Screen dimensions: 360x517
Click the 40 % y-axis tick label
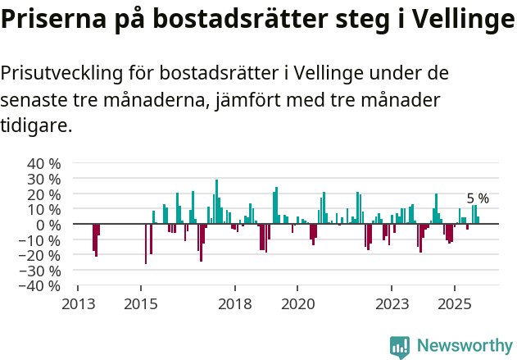point(43,163)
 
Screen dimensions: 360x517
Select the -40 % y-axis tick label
point(40,286)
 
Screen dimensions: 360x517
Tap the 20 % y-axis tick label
point(43,194)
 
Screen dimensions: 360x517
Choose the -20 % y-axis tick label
point(40,255)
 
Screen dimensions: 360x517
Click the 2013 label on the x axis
point(78,303)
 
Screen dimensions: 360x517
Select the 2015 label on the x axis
point(141,303)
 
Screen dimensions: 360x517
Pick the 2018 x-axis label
point(235,303)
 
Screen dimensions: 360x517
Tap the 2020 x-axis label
point(297,303)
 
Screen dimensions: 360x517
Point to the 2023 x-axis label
point(392,303)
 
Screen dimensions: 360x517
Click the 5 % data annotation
point(478,198)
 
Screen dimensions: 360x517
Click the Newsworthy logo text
point(464,345)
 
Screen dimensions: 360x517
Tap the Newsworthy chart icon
point(400,347)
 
